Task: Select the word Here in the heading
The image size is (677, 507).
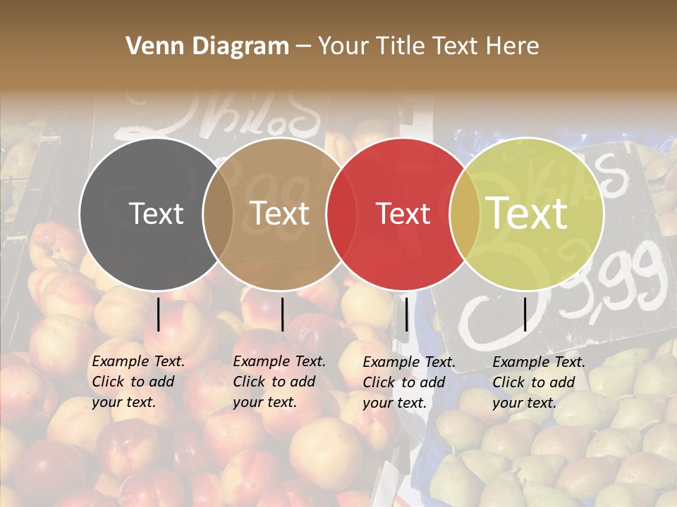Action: point(513,46)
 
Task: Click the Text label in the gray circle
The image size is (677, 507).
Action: point(157,213)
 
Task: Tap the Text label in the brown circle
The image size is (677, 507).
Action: point(280,213)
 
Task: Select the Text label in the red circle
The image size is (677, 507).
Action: point(403,213)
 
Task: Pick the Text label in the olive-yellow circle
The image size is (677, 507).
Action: point(527,213)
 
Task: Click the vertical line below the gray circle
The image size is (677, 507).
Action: point(159,315)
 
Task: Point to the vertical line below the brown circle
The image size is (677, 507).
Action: point(282,315)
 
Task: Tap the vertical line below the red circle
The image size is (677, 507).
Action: point(406,315)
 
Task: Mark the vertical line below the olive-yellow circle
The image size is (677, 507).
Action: point(525,315)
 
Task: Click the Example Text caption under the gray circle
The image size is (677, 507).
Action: point(138,382)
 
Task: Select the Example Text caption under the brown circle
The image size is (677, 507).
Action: point(279,382)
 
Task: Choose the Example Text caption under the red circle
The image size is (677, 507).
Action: point(409,382)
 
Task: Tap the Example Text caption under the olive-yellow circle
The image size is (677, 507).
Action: point(539,382)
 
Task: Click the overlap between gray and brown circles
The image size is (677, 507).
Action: point(218,213)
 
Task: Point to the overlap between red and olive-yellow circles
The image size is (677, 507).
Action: point(465,213)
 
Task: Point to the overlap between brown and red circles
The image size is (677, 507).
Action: point(341,213)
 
